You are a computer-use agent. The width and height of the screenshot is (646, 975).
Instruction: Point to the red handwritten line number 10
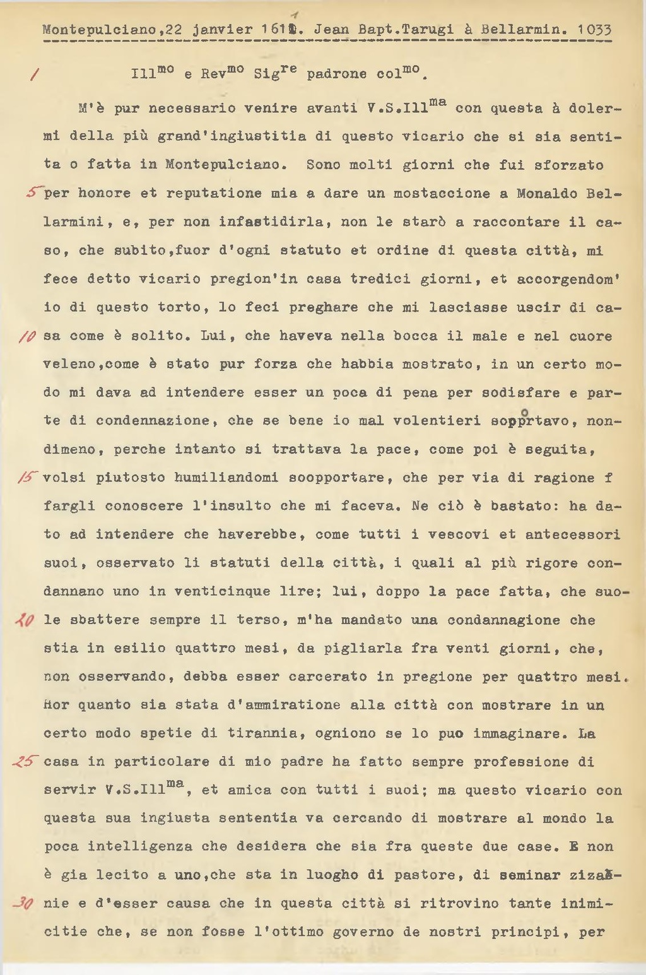(x=30, y=335)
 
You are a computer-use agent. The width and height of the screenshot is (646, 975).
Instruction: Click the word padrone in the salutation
(x=336, y=74)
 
